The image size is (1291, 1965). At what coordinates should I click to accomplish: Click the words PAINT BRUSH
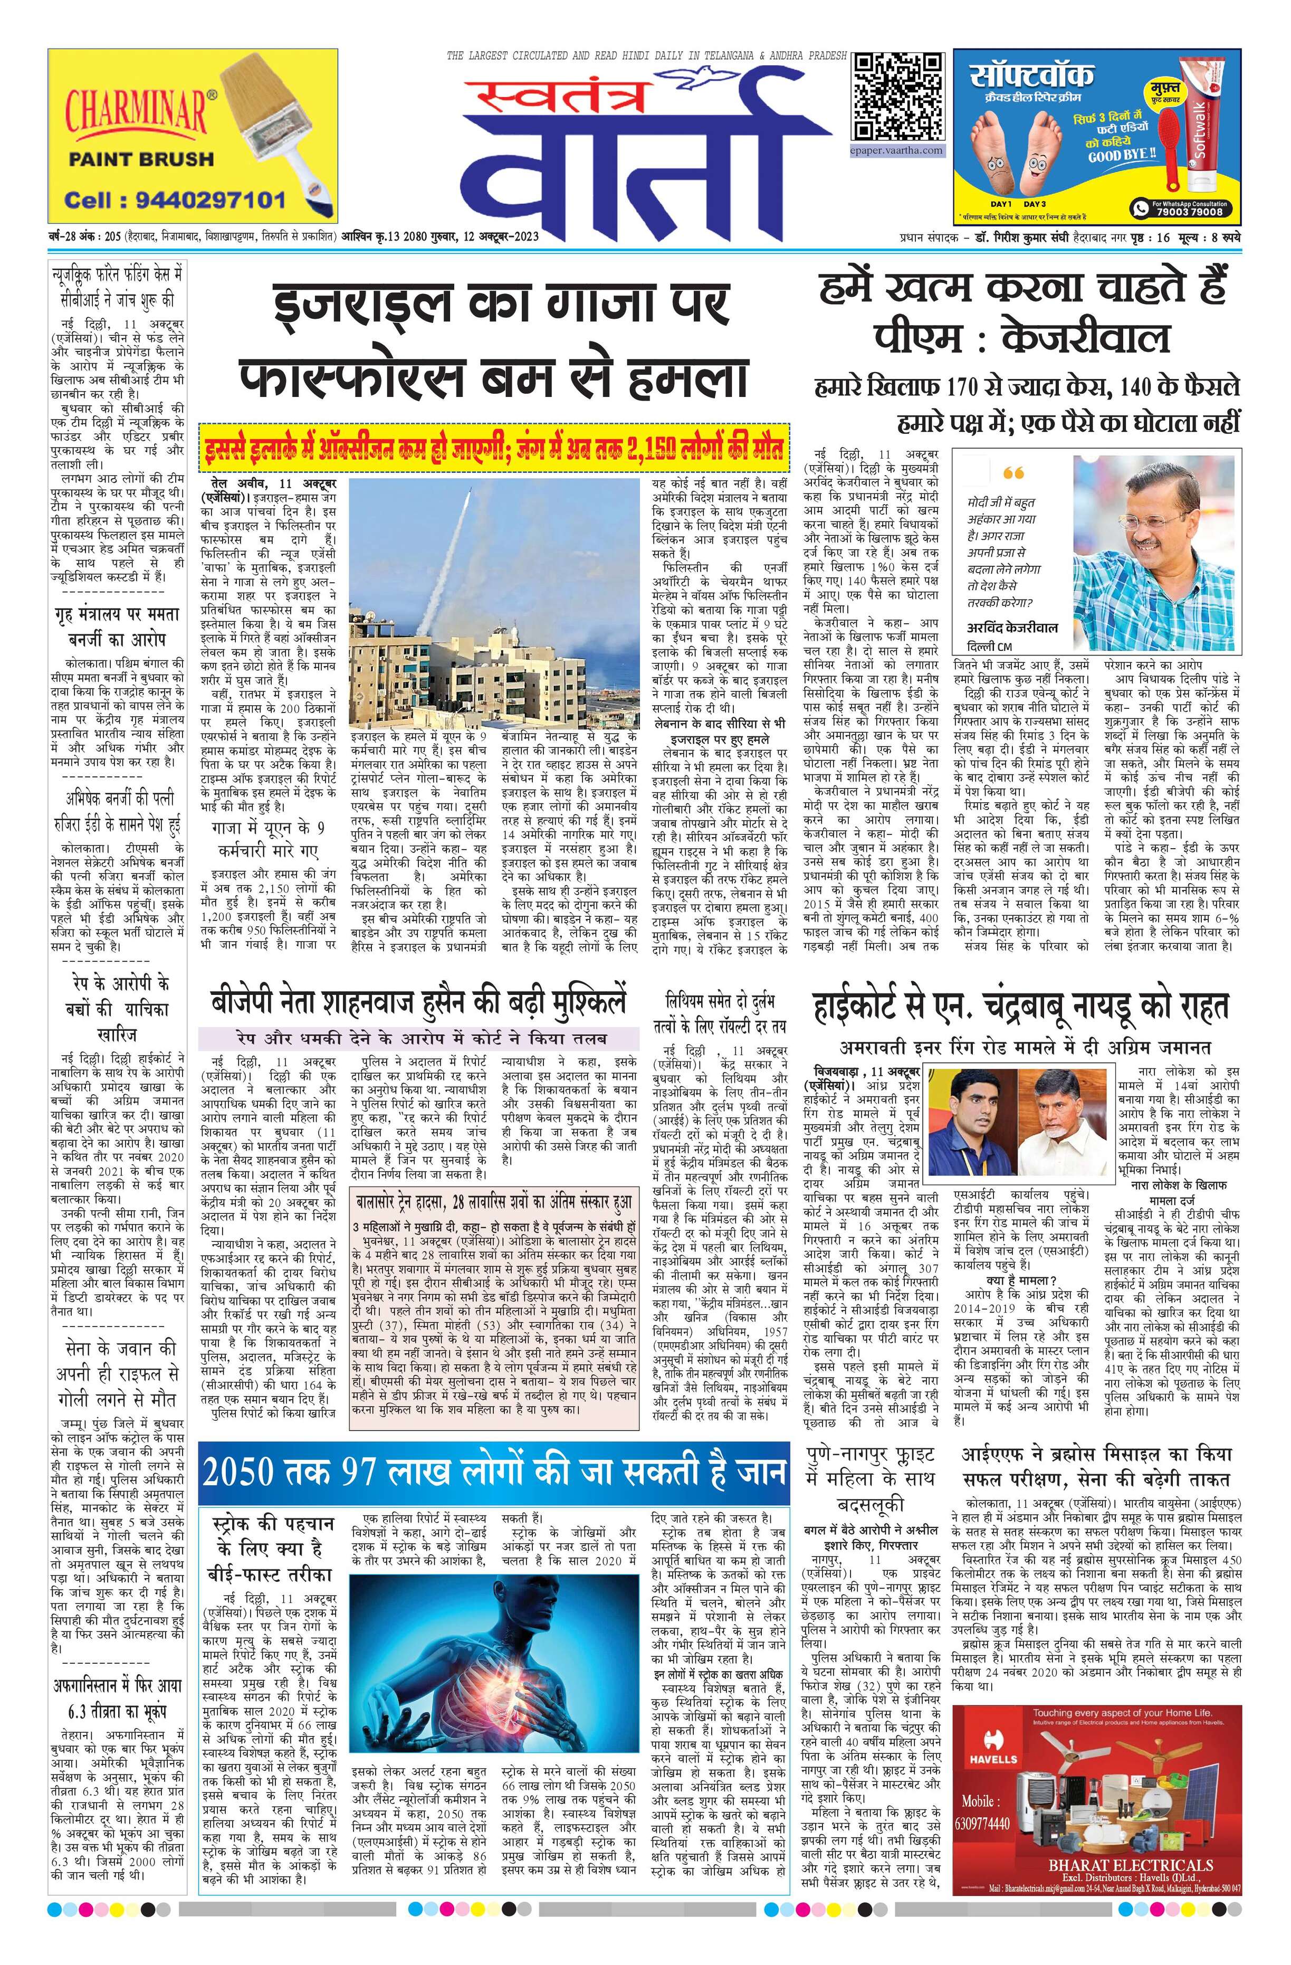[140, 158]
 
